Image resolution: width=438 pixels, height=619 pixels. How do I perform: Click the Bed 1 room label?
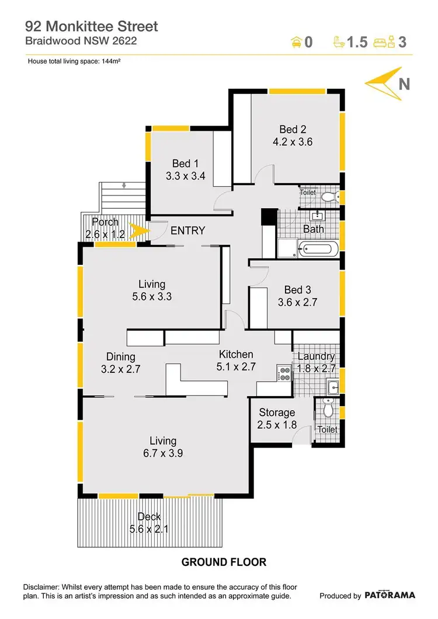click(x=185, y=163)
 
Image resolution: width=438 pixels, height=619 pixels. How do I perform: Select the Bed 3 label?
click(x=297, y=290)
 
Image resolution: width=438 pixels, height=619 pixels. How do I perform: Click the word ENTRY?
click(x=187, y=230)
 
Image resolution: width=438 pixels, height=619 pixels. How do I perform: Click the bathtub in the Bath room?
click(x=316, y=250)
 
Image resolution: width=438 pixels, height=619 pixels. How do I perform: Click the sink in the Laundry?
click(x=333, y=386)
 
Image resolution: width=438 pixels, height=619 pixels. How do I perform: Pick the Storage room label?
click(x=277, y=413)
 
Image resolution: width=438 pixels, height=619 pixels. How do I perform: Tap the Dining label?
click(x=121, y=356)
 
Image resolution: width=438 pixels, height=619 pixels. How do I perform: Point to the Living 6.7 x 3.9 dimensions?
click(x=162, y=453)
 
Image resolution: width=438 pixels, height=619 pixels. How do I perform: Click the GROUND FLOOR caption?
click(x=224, y=562)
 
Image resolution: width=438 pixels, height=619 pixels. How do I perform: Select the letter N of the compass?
click(x=403, y=84)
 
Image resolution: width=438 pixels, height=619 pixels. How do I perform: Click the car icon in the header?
click(x=296, y=41)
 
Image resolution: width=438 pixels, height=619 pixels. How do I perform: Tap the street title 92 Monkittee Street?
click(x=91, y=26)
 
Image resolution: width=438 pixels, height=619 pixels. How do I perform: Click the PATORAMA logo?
click(x=390, y=595)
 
